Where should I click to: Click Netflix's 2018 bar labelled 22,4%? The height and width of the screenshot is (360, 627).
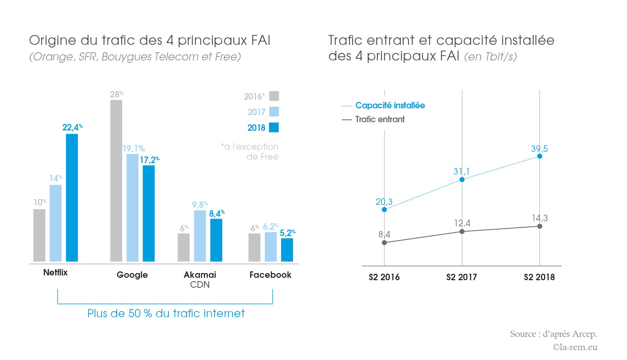coord(72,198)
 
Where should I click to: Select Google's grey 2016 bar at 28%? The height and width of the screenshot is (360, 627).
coord(116,181)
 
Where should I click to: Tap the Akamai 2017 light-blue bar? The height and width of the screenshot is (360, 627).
coord(200,236)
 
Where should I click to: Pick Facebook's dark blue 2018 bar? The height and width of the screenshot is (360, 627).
coord(287,250)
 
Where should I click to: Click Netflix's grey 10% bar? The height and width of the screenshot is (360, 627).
coord(39,235)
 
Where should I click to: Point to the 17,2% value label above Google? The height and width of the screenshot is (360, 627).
coord(149,160)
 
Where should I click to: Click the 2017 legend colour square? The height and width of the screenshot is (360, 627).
coord(274,112)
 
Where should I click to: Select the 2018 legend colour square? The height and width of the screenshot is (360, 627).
coord(274,127)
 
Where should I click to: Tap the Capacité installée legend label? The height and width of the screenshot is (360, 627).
coord(390,105)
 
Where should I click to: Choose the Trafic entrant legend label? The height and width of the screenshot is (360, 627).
coord(380,119)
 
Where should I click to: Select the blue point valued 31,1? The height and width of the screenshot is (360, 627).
coord(462,179)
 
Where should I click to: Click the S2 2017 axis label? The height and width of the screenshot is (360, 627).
coord(461,277)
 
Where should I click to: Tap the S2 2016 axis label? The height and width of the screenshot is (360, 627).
coord(384,277)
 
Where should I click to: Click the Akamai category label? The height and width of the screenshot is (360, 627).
coord(200,275)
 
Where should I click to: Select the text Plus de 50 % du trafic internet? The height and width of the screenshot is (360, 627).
coord(166,313)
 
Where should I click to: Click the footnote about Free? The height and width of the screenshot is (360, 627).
coord(250,151)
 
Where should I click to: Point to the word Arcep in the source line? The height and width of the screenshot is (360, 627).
coord(584,334)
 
